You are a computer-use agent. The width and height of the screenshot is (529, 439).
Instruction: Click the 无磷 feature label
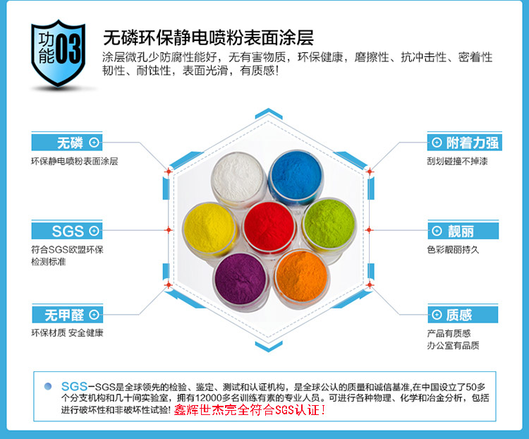(x=70, y=142)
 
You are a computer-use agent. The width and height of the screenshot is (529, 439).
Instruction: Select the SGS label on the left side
(x=68, y=231)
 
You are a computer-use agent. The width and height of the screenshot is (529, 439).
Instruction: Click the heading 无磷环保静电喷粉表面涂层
(x=208, y=37)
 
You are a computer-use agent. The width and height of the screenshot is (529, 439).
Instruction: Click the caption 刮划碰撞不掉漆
(x=457, y=162)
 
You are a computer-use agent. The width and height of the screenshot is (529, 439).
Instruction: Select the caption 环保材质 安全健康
(x=67, y=333)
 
